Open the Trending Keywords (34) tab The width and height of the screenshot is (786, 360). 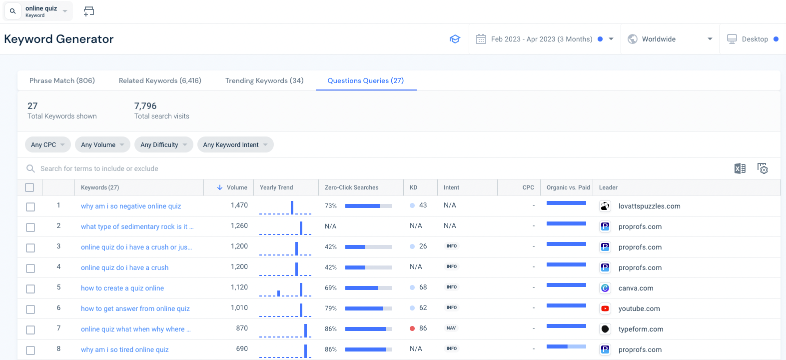264,80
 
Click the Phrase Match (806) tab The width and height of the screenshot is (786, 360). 62,80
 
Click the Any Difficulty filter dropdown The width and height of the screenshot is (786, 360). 163,144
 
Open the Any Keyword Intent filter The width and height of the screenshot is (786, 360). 235,144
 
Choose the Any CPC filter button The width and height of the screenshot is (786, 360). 47,144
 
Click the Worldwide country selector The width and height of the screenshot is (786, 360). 670,39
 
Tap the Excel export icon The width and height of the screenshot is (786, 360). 740,168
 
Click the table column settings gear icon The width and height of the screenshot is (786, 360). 763,168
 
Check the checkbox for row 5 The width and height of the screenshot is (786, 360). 30,289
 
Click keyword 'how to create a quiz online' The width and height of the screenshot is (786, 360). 122,288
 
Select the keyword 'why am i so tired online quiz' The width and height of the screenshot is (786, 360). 125,349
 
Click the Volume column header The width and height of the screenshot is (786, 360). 236,187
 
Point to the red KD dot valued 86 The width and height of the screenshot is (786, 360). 412,328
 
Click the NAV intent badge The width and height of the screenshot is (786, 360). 451,328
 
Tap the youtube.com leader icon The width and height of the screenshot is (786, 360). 605,308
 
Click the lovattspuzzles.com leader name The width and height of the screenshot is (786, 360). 649,206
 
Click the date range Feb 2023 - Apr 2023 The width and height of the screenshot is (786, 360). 541,39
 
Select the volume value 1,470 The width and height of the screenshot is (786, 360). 239,205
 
